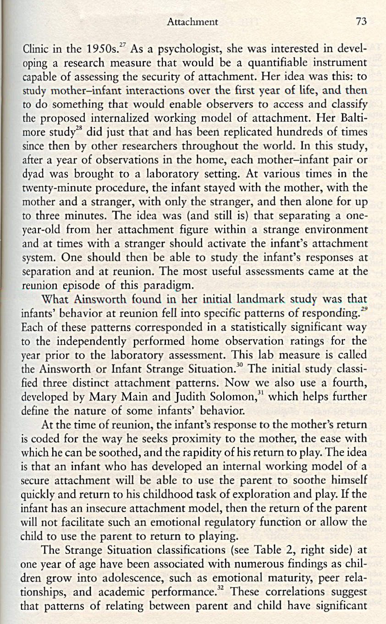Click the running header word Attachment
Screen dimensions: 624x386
point(192,22)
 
